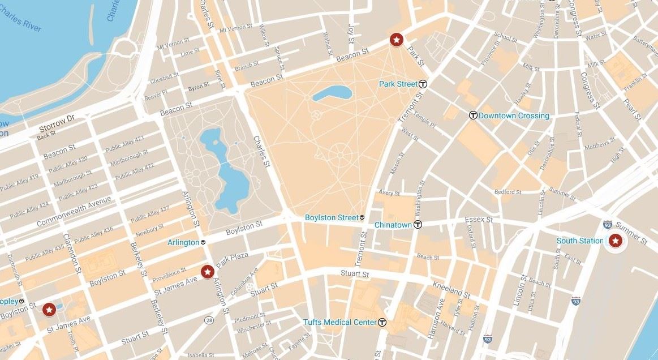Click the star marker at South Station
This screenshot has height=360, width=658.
(x=615, y=242)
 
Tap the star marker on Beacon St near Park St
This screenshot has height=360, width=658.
(x=397, y=40)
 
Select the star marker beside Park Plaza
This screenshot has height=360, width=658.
(x=207, y=272)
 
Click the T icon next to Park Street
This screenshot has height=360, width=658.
(x=423, y=84)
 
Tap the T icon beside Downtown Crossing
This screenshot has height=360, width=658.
(x=473, y=115)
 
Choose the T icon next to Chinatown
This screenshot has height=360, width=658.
(x=418, y=225)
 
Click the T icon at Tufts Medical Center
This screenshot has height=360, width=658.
(x=382, y=323)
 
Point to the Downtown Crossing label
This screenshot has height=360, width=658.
(x=514, y=115)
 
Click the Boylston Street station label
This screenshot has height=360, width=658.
(x=332, y=217)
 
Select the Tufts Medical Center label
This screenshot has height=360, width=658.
(x=339, y=323)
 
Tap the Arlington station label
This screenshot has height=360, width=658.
(x=183, y=242)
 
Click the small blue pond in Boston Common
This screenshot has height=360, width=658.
(x=332, y=93)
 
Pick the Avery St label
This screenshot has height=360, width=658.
(x=389, y=193)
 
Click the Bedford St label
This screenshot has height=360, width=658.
(x=508, y=192)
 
